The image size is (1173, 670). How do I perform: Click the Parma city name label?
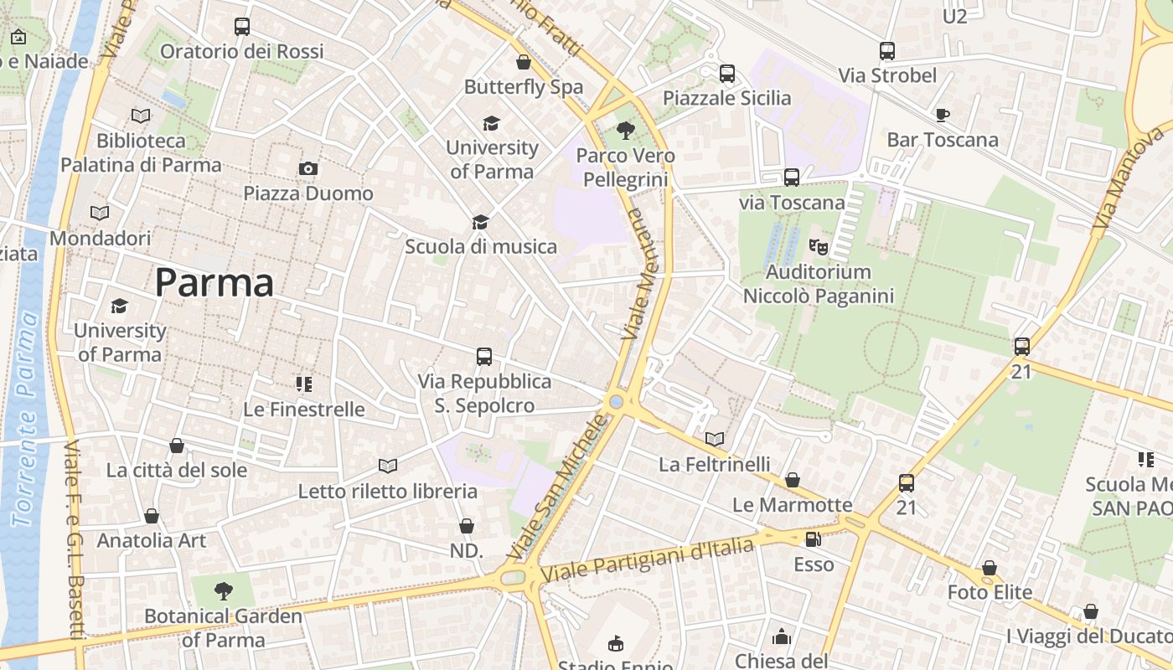pyautogui.click(x=214, y=283)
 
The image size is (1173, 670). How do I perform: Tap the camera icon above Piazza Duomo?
pyautogui.click(x=307, y=169)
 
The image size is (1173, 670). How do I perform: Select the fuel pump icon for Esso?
pyautogui.click(x=813, y=539)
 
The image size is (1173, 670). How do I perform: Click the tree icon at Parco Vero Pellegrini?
pyautogui.click(x=625, y=130)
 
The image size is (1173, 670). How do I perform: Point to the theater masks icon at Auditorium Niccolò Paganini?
pyautogui.click(x=818, y=247)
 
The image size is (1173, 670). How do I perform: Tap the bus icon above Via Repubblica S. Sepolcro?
pyautogui.click(x=484, y=357)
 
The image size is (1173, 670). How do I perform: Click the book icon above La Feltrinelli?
pyautogui.click(x=714, y=439)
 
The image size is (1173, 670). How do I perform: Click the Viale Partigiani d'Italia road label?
pyautogui.click(x=647, y=559)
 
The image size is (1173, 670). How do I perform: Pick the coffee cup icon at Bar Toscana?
pyautogui.click(x=943, y=115)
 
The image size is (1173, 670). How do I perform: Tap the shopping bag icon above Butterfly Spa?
pyautogui.click(x=524, y=62)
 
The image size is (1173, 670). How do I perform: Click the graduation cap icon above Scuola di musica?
pyautogui.click(x=480, y=222)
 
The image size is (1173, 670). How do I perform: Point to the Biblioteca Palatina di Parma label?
pyautogui.click(x=141, y=152)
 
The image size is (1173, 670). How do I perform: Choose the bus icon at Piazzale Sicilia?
pyautogui.click(x=727, y=74)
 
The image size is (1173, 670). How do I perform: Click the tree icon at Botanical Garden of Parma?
pyautogui.click(x=223, y=591)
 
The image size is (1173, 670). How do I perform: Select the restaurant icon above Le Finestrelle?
pyautogui.click(x=303, y=384)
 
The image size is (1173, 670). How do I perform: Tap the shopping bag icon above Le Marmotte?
pyautogui.click(x=792, y=480)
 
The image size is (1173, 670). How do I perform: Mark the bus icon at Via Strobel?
pyautogui.click(x=887, y=51)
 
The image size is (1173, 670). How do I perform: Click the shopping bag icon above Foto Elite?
pyautogui.click(x=990, y=568)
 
